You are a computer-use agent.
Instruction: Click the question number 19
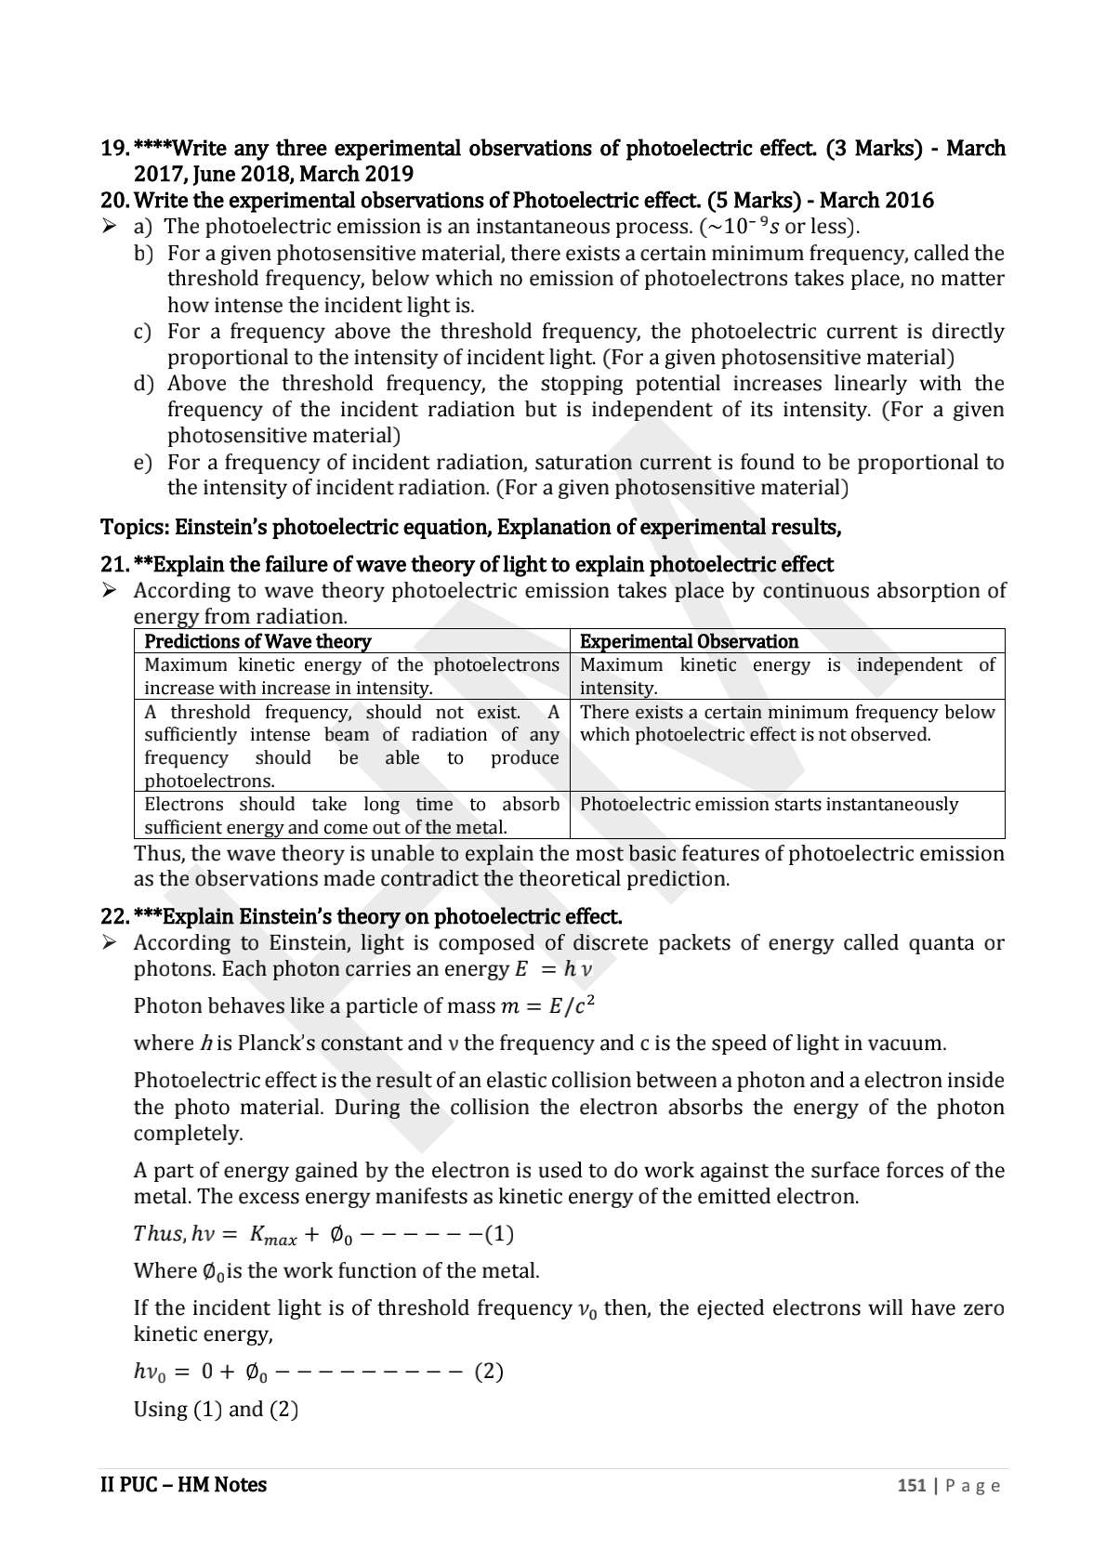114,149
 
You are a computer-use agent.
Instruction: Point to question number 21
114,565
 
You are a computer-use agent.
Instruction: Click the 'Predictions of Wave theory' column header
257,641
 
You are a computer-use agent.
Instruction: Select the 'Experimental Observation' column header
689,641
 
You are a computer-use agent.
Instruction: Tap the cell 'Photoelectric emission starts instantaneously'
769,805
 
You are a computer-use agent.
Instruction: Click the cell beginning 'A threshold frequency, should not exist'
351,746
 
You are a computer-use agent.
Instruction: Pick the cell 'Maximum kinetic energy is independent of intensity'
786,676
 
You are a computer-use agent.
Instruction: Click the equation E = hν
553,969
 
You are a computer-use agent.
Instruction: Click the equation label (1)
499,1234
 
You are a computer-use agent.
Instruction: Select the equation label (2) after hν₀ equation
489,1372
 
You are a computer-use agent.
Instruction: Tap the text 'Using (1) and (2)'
216,1410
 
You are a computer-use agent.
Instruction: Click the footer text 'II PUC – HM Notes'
183,1485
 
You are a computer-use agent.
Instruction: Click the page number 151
911,1486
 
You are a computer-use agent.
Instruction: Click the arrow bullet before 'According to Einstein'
110,943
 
